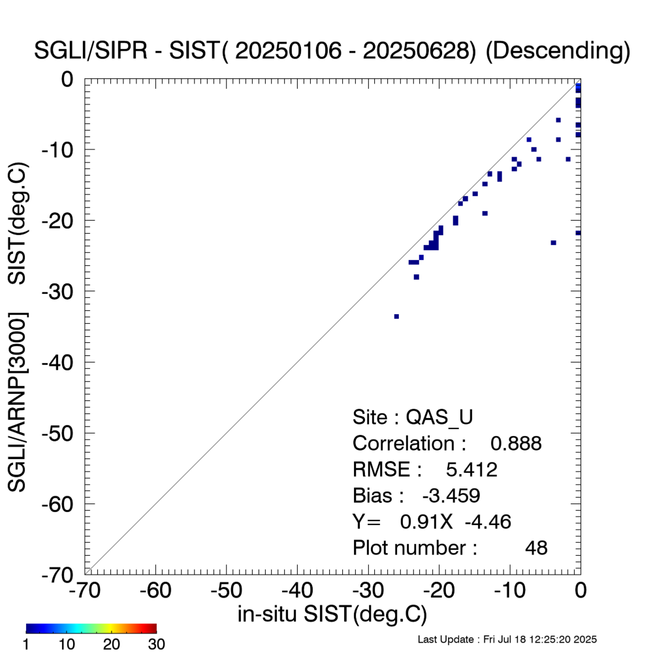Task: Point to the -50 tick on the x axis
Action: tap(227, 590)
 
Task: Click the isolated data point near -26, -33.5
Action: tap(396, 316)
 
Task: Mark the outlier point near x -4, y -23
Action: tap(553, 242)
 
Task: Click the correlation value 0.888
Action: tap(516, 443)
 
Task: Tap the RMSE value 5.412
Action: tap(471, 470)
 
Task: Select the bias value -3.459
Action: tap(451, 496)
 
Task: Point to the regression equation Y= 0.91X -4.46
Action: tap(432, 522)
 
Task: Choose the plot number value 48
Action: tap(536, 548)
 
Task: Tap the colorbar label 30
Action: tap(156, 645)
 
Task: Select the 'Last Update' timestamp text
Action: tap(507, 639)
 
